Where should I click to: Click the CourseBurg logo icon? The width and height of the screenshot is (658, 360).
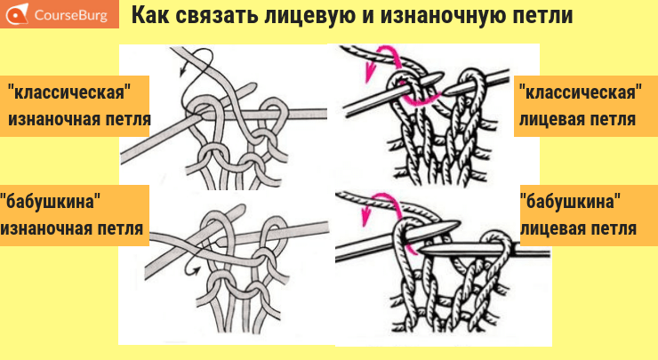tap(17, 14)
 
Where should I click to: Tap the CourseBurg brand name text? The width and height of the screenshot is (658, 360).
tap(71, 15)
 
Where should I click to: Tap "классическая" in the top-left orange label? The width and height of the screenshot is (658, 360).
tap(69, 92)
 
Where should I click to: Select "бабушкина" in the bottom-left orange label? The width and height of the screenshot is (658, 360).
tap(51, 202)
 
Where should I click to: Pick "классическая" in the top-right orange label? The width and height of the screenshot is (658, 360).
tap(581, 92)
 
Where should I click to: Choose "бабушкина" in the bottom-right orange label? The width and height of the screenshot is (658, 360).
tap(570, 202)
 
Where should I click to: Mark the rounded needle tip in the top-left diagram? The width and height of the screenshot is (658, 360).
tap(253, 87)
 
